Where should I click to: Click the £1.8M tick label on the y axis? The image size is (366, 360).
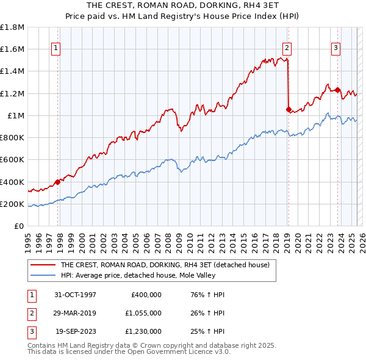(x=12, y=27)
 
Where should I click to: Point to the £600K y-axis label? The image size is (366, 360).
(x=12, y=160)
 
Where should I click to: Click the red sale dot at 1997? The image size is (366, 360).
(x=58, y=181)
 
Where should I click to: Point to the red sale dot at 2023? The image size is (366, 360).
(x=337, y=90)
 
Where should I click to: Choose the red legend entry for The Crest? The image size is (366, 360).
(x=168, y=265)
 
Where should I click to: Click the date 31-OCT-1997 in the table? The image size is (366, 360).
(x=75, y=295)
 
